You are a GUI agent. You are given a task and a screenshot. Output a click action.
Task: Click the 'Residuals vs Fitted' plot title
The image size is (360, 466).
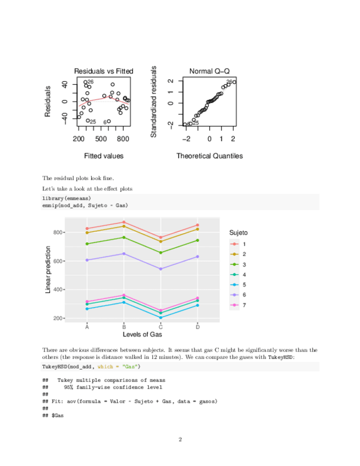103,71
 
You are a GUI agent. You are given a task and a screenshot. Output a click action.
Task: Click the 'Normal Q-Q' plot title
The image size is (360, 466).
209,71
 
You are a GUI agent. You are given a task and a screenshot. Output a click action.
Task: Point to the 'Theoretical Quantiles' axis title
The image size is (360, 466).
209,156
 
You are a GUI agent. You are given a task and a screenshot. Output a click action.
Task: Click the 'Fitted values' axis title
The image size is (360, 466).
103,156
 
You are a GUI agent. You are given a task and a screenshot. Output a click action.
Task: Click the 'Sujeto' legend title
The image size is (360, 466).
239,233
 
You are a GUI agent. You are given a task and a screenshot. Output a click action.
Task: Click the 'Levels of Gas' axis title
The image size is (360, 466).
142,334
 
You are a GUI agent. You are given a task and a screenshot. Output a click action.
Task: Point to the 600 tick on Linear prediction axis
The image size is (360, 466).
58,261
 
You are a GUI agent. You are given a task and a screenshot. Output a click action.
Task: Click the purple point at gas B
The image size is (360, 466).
124,254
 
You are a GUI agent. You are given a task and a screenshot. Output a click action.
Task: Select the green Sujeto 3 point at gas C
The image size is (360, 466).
160,253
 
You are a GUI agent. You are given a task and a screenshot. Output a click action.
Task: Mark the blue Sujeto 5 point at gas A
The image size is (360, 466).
87,309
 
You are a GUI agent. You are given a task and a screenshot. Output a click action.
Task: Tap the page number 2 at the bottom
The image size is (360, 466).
180,439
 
